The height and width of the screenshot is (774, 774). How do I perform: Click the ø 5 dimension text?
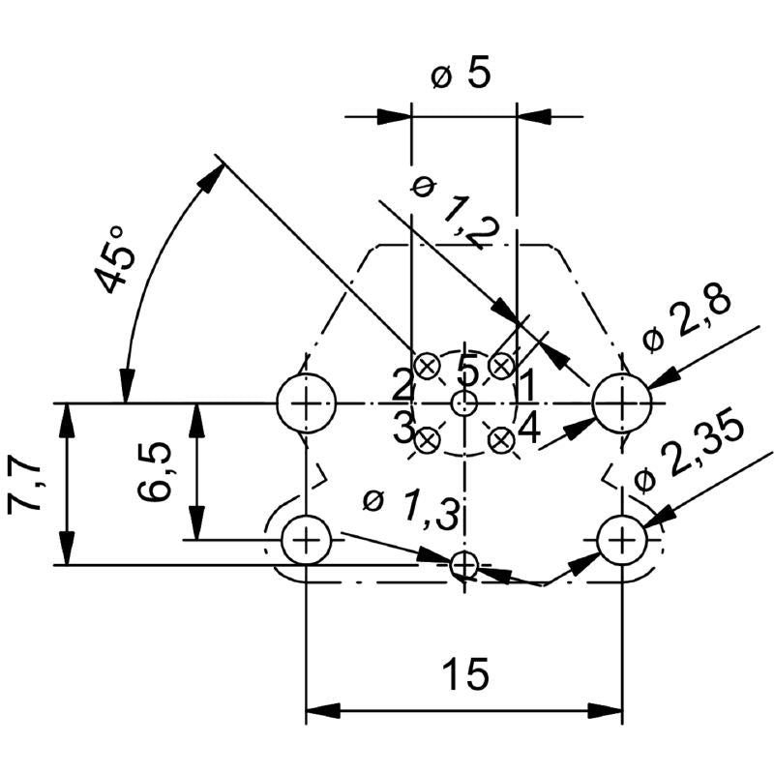pos(460,74)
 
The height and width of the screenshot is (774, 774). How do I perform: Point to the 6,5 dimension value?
pos(155,471)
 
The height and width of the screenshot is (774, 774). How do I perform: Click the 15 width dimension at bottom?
pos(464,674)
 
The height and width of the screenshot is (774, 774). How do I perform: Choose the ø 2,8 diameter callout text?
pos(688,318)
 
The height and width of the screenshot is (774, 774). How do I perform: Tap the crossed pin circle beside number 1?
pos(500,366)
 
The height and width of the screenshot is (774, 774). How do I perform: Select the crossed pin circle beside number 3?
pos(427,440)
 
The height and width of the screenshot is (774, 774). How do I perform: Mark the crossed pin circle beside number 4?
pos(500,440)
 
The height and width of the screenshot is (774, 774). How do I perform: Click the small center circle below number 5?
pos(464,402)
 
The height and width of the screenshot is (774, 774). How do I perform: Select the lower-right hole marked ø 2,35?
pos(622,539)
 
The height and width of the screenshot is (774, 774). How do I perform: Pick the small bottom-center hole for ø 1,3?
pos(464,564)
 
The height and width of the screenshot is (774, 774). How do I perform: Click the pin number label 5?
pos(467,371)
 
